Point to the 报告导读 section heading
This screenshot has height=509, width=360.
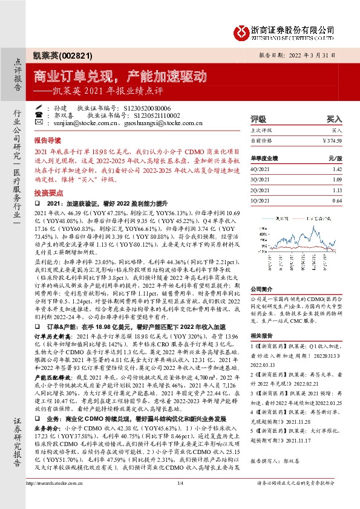pyautogui.click(x=48, y=138)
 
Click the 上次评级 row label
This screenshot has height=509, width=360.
pyautogui.click(x=261, y=130)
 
